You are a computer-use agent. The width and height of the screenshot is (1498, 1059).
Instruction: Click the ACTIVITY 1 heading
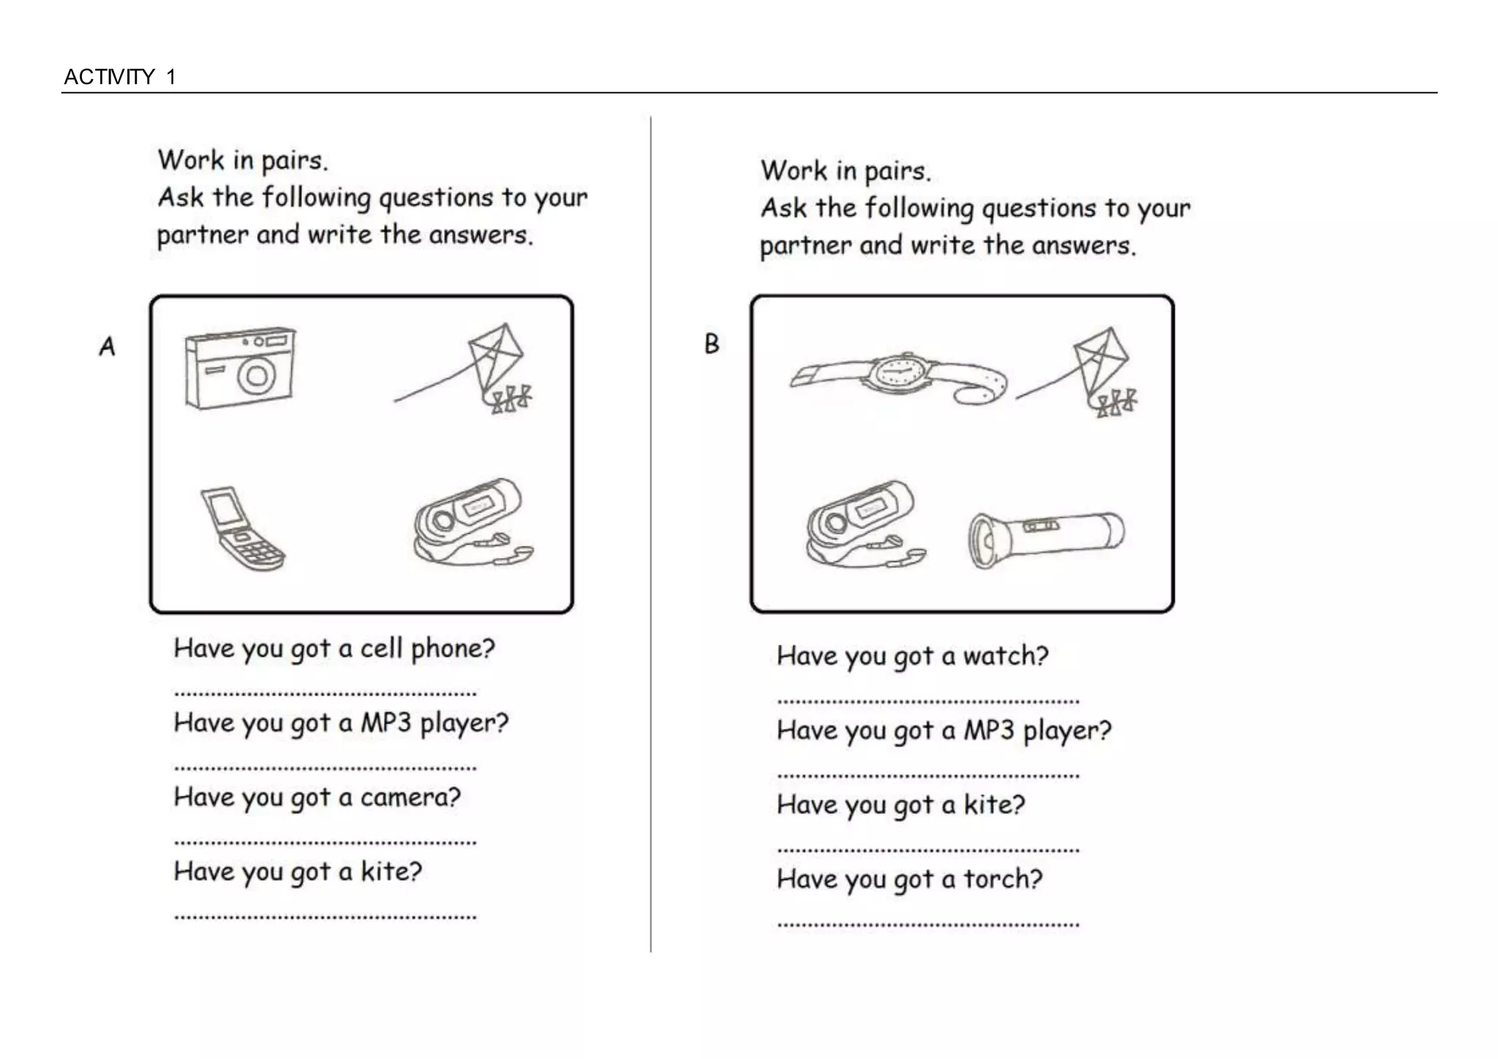120,77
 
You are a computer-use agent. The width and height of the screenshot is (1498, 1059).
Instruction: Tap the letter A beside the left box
108,346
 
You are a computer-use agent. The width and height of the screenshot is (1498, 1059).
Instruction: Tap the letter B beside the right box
712,344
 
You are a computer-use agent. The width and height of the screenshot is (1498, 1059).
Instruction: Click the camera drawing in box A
240,368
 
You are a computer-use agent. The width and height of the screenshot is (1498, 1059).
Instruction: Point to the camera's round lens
256,376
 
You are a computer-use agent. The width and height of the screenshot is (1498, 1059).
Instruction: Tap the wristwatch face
899,371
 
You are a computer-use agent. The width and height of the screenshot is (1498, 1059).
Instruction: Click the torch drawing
1046,539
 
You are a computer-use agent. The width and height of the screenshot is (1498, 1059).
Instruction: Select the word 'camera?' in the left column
410,797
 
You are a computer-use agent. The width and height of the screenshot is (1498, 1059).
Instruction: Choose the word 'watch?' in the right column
1005,656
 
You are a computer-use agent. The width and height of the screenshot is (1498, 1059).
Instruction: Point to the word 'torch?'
1002,879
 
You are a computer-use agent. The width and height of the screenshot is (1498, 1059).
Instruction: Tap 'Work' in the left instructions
191,160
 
